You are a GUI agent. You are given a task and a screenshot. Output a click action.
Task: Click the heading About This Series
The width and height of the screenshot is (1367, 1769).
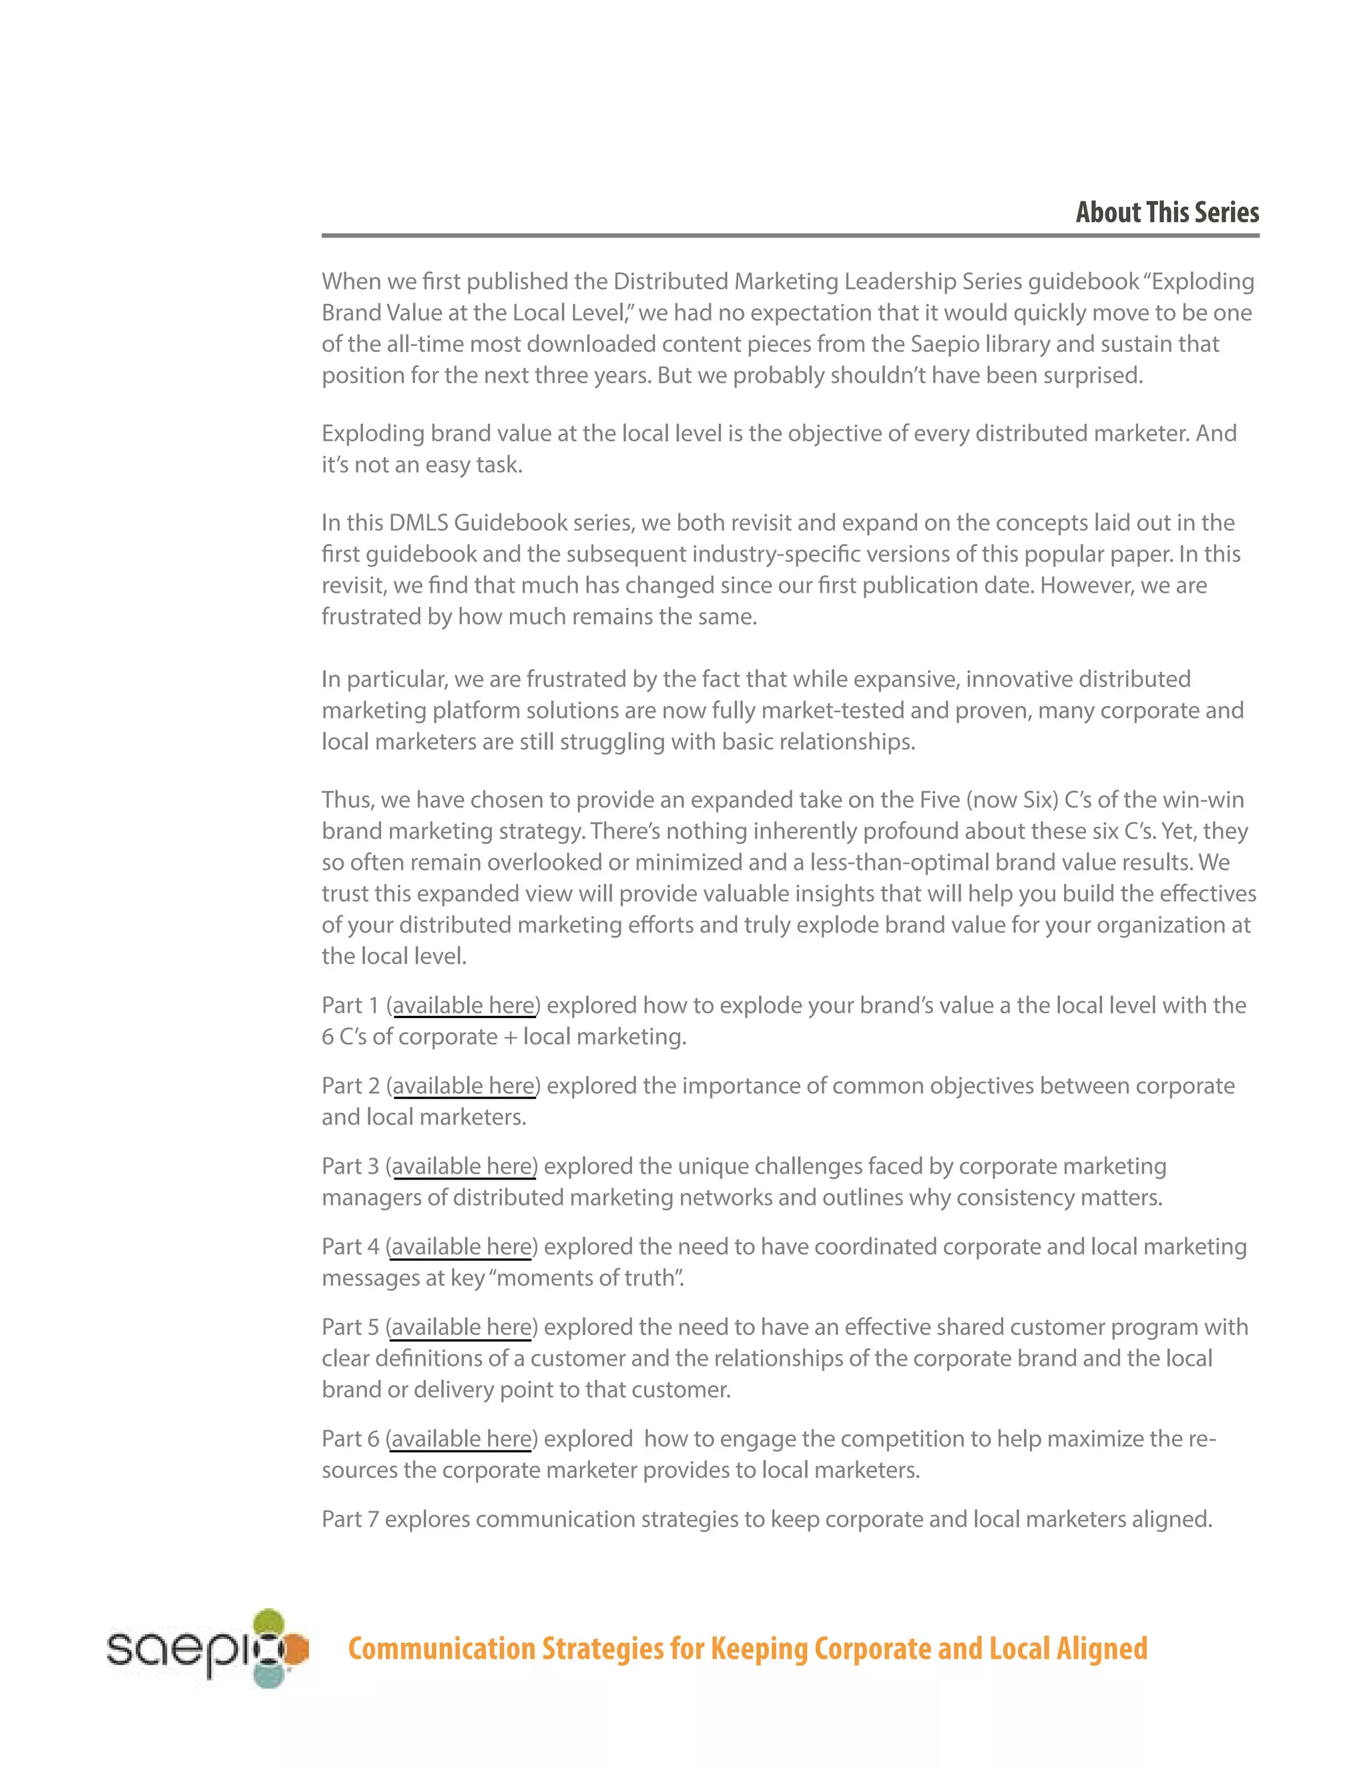(x=1167, y=212)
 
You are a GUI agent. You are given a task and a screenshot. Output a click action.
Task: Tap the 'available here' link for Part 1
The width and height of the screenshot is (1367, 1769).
(x=463, y=1005)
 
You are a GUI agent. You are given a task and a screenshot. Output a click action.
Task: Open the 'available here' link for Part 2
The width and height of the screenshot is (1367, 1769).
(x=463, y=1085)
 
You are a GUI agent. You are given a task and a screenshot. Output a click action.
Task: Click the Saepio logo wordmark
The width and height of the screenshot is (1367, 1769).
(x=178, y=1648)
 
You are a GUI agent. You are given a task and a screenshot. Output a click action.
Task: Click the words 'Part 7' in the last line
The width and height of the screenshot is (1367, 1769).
(x=350, y=1519)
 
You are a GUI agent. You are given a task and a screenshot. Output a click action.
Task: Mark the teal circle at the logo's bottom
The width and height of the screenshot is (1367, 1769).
(x=269, y=1675)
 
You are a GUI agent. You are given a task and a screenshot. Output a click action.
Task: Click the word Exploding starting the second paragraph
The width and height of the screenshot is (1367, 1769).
(x=372, y=433)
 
